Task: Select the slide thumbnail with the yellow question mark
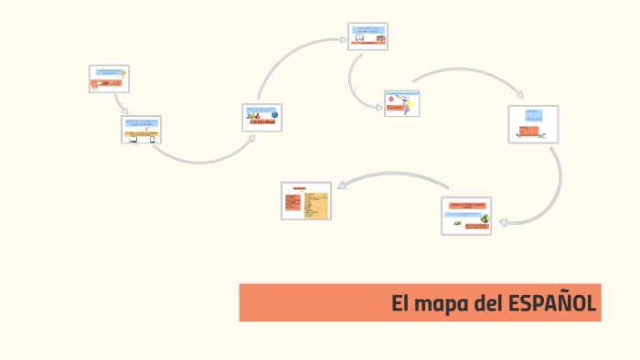109,79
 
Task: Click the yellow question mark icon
123,73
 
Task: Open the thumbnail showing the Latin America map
402,102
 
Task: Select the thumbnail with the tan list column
306,200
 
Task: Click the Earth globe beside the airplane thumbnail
485,219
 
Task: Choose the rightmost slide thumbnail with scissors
533,124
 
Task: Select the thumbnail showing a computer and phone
142,129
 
